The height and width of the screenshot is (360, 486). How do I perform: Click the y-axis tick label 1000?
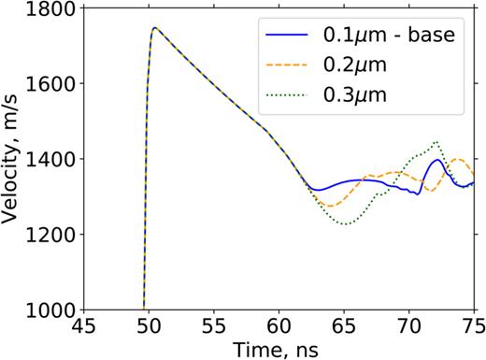pos(46,310)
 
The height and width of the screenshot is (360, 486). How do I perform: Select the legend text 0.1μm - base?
pos(387,37)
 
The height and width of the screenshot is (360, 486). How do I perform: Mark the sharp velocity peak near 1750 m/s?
pos(154,27)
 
